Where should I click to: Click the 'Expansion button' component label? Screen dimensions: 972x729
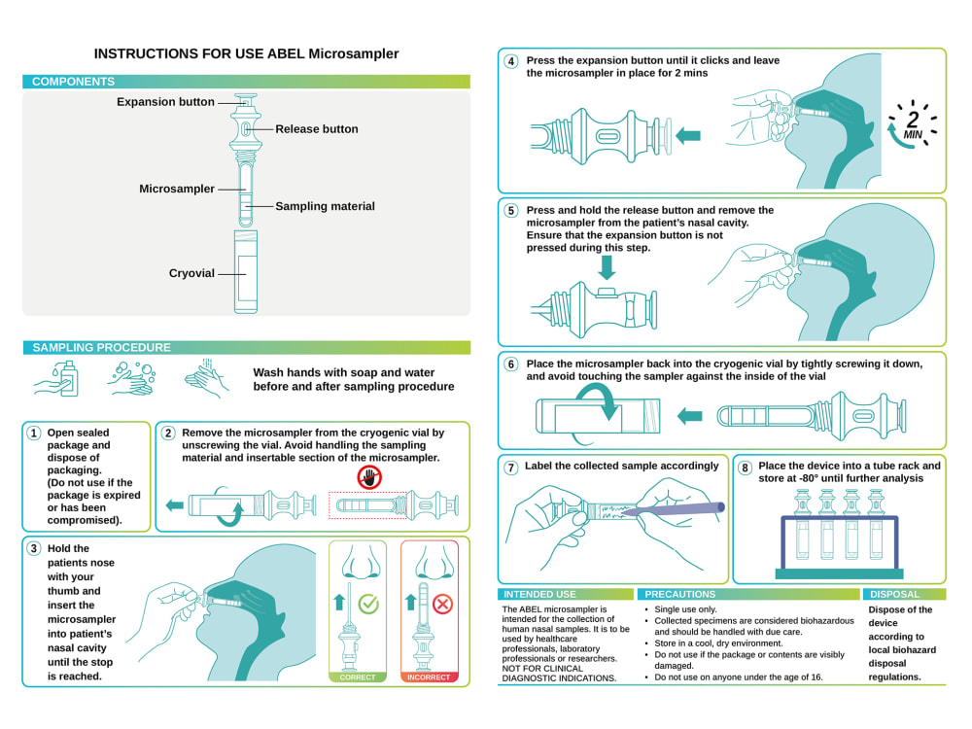coord(165,102)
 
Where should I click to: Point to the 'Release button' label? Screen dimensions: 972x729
coord(317,129)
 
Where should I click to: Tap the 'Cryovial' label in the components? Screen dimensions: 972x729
coord(191,273)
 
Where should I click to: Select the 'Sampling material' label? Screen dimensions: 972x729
coord(325,206)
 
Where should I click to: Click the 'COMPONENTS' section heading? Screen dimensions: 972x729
coord(73,82)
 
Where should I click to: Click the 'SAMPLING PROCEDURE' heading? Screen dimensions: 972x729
coord(101,348)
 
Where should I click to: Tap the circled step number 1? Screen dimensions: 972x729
coord(34,433)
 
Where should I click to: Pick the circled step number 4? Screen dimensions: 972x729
coord(511,61)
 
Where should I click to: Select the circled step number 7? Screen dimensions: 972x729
coord(511,468)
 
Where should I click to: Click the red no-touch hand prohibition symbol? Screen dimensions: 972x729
coord(369,477)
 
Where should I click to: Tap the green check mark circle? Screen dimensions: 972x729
coord(368,604)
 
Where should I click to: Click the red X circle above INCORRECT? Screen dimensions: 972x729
coord(442,604)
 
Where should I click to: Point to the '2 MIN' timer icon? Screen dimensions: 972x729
coord(912,124)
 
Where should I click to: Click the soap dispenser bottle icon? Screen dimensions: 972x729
coord(68,379)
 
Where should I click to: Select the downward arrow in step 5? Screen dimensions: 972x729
coord(607,267)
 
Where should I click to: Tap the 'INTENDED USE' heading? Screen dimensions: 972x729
coord(539,595)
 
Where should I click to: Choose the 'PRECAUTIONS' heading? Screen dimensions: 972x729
coord(680,595)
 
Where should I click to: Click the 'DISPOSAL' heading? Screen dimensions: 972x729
coord(894,595)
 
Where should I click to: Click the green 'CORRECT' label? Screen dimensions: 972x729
coord(358,677)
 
